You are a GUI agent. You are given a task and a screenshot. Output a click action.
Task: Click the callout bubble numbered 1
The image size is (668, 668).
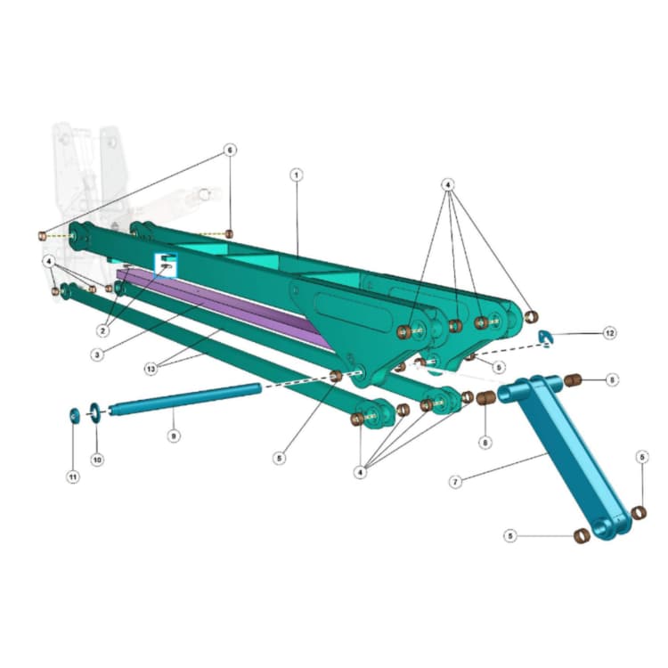click(x=297, y=175)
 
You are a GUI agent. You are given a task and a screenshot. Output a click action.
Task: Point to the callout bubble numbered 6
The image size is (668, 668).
click(x=230, y=151)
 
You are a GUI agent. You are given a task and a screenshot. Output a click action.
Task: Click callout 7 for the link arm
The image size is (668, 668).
click(x=455, y=482)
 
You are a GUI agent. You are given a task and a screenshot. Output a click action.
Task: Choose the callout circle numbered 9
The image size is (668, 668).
click(x=174, y=436)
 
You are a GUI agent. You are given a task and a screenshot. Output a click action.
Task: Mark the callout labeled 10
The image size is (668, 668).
click(x=97, y=460)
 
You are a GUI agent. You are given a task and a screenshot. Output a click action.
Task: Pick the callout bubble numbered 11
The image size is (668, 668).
click(x=73, y=477)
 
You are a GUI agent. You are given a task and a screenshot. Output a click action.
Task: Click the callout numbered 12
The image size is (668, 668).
click(x=609, y=333)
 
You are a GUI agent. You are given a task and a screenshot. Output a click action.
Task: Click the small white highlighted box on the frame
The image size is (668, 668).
click(x=167, y=263)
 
